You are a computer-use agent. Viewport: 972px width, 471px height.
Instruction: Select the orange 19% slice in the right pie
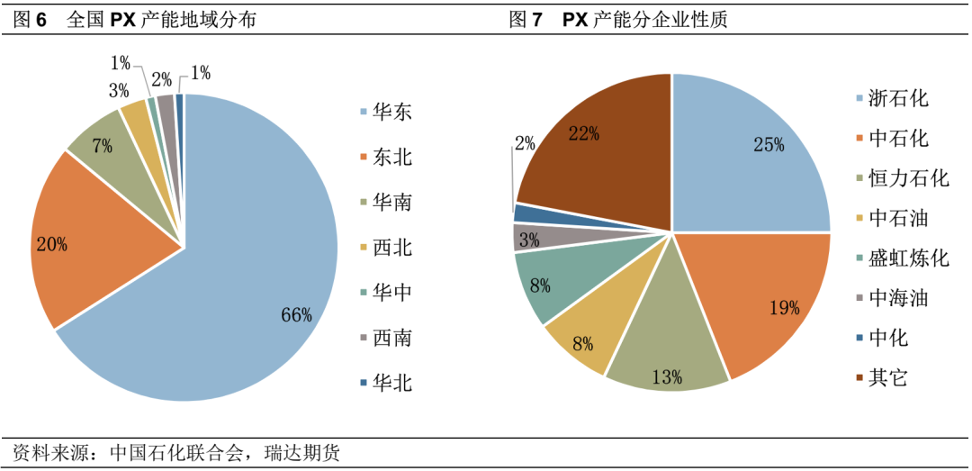765,297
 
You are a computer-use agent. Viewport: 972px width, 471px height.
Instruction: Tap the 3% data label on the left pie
119,91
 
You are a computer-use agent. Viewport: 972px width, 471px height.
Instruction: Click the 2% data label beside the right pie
526,142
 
